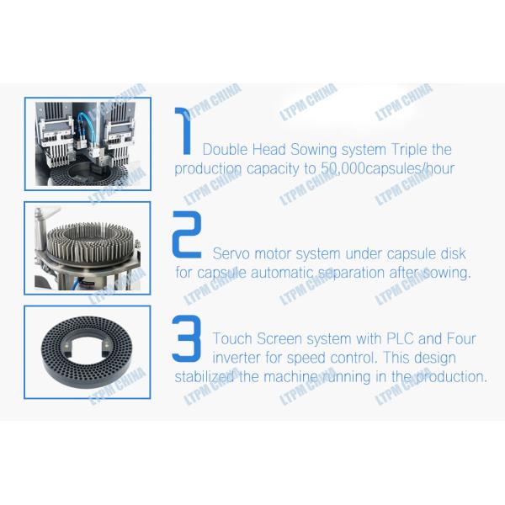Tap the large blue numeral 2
(187, 234)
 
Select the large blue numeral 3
(187, 338)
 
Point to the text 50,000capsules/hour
(388, 169)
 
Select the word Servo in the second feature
(231, 254)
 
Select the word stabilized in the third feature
(205, 377)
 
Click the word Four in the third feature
(461, 339)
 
